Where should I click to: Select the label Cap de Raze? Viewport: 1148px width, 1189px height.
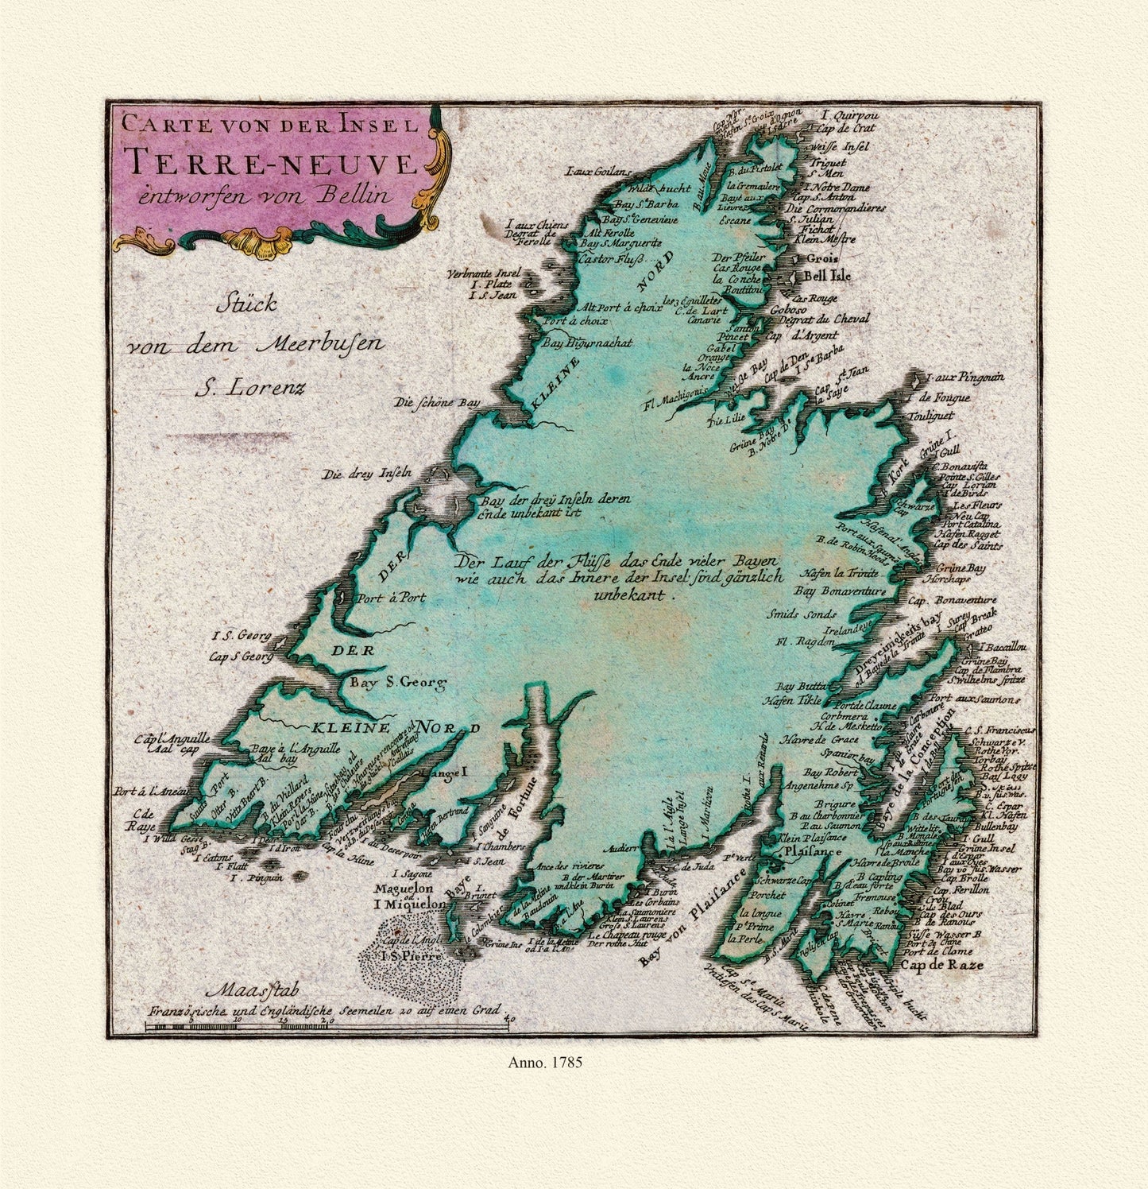pos(941,965)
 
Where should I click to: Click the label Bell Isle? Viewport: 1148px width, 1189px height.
pos(828,277)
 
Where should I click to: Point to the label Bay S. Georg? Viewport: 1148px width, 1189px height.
pos(394,681)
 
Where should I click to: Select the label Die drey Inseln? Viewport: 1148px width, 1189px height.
pos(365,475)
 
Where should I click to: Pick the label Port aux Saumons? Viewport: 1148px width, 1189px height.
pos(988,699)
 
